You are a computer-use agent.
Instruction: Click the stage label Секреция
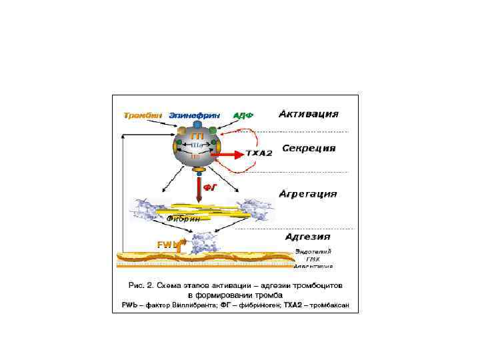pos(308,149)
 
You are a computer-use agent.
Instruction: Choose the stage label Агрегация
pos(308,194)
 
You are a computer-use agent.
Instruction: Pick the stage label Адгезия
pos(307,236)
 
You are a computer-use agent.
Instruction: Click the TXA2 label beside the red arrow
pos(259,154)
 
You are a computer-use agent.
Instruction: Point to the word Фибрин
pos(184,218)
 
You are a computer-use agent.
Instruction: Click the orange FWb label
pos(167,244)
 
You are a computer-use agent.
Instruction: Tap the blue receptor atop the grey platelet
pos(197,125)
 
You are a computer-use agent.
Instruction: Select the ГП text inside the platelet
pos(198,136)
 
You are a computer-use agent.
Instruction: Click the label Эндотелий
pos(313,251)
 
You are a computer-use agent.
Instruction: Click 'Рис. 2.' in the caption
pos(140,285)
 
